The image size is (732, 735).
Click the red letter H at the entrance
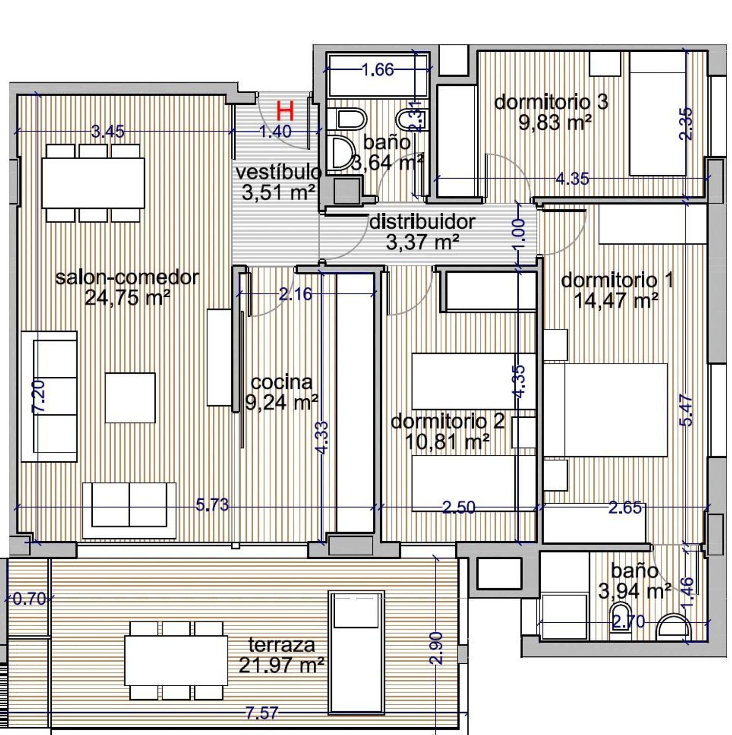[285, 111]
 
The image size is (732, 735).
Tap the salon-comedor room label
[127, 278]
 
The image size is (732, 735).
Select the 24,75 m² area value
[127, 297]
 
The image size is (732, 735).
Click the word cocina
[282, 382]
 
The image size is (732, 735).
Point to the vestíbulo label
[278, 172]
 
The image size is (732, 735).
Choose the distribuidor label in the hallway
[422, 222]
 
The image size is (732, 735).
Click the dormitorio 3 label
[551, 102]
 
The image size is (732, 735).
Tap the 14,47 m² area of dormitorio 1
[616, 300]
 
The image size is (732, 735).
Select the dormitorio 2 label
[447, 422]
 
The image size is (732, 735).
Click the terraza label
[282, 645]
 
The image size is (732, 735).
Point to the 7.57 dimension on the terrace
[262, 713]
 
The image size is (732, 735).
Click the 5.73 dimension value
[212, 505]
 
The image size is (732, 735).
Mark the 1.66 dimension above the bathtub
[378, 70]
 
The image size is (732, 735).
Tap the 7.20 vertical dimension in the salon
[39, 396]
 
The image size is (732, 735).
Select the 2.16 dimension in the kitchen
[295, 294]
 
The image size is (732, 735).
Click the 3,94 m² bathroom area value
[634, 591]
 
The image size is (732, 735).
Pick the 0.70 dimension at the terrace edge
[29, 598]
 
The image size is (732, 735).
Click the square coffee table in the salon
[130, 398]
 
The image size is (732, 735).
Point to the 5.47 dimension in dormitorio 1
[686, 410]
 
